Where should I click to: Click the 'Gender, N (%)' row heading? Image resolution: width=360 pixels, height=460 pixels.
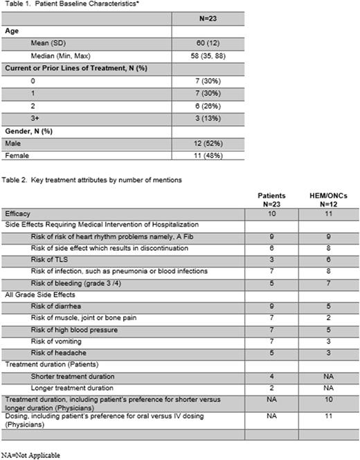click(27, 130)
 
